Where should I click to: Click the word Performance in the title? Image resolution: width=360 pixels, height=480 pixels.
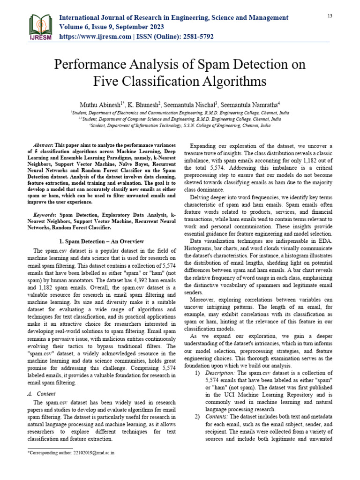coord(90,64)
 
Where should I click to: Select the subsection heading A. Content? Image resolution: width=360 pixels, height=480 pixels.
coord(39,395)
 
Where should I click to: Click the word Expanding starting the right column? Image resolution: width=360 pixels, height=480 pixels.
coord(205,146)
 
